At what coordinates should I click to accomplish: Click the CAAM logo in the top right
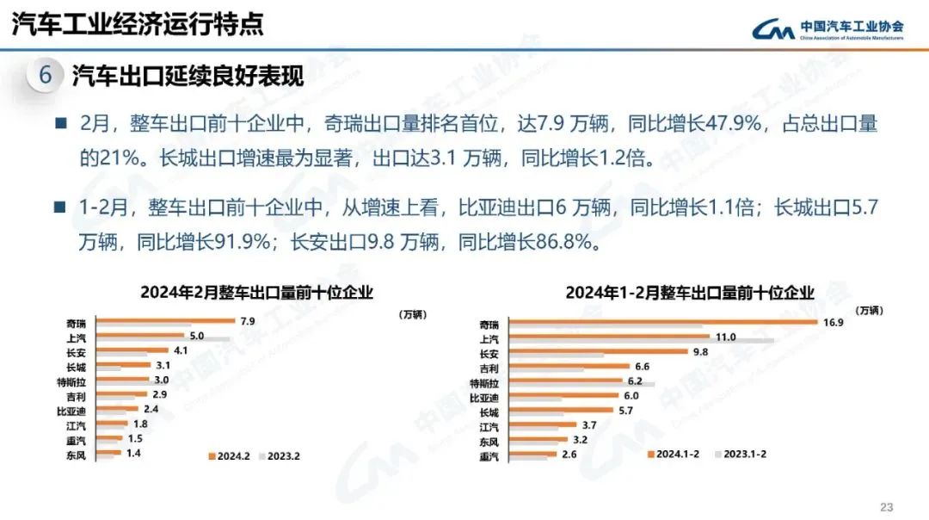click(826, 28)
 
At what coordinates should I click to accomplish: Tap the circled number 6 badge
click(45, 76)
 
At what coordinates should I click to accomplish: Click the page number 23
click(887, 505)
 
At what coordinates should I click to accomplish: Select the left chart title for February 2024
click(256, 293)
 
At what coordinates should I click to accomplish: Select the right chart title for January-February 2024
click(689, 293)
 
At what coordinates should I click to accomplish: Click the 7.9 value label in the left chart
click(247, 321)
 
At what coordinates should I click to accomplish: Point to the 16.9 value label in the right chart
click(831, 323)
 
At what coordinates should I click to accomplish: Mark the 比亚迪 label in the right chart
click(483, 398)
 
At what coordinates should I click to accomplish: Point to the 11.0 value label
click(726, 337)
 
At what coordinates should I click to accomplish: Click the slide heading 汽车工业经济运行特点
click(137, 23)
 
